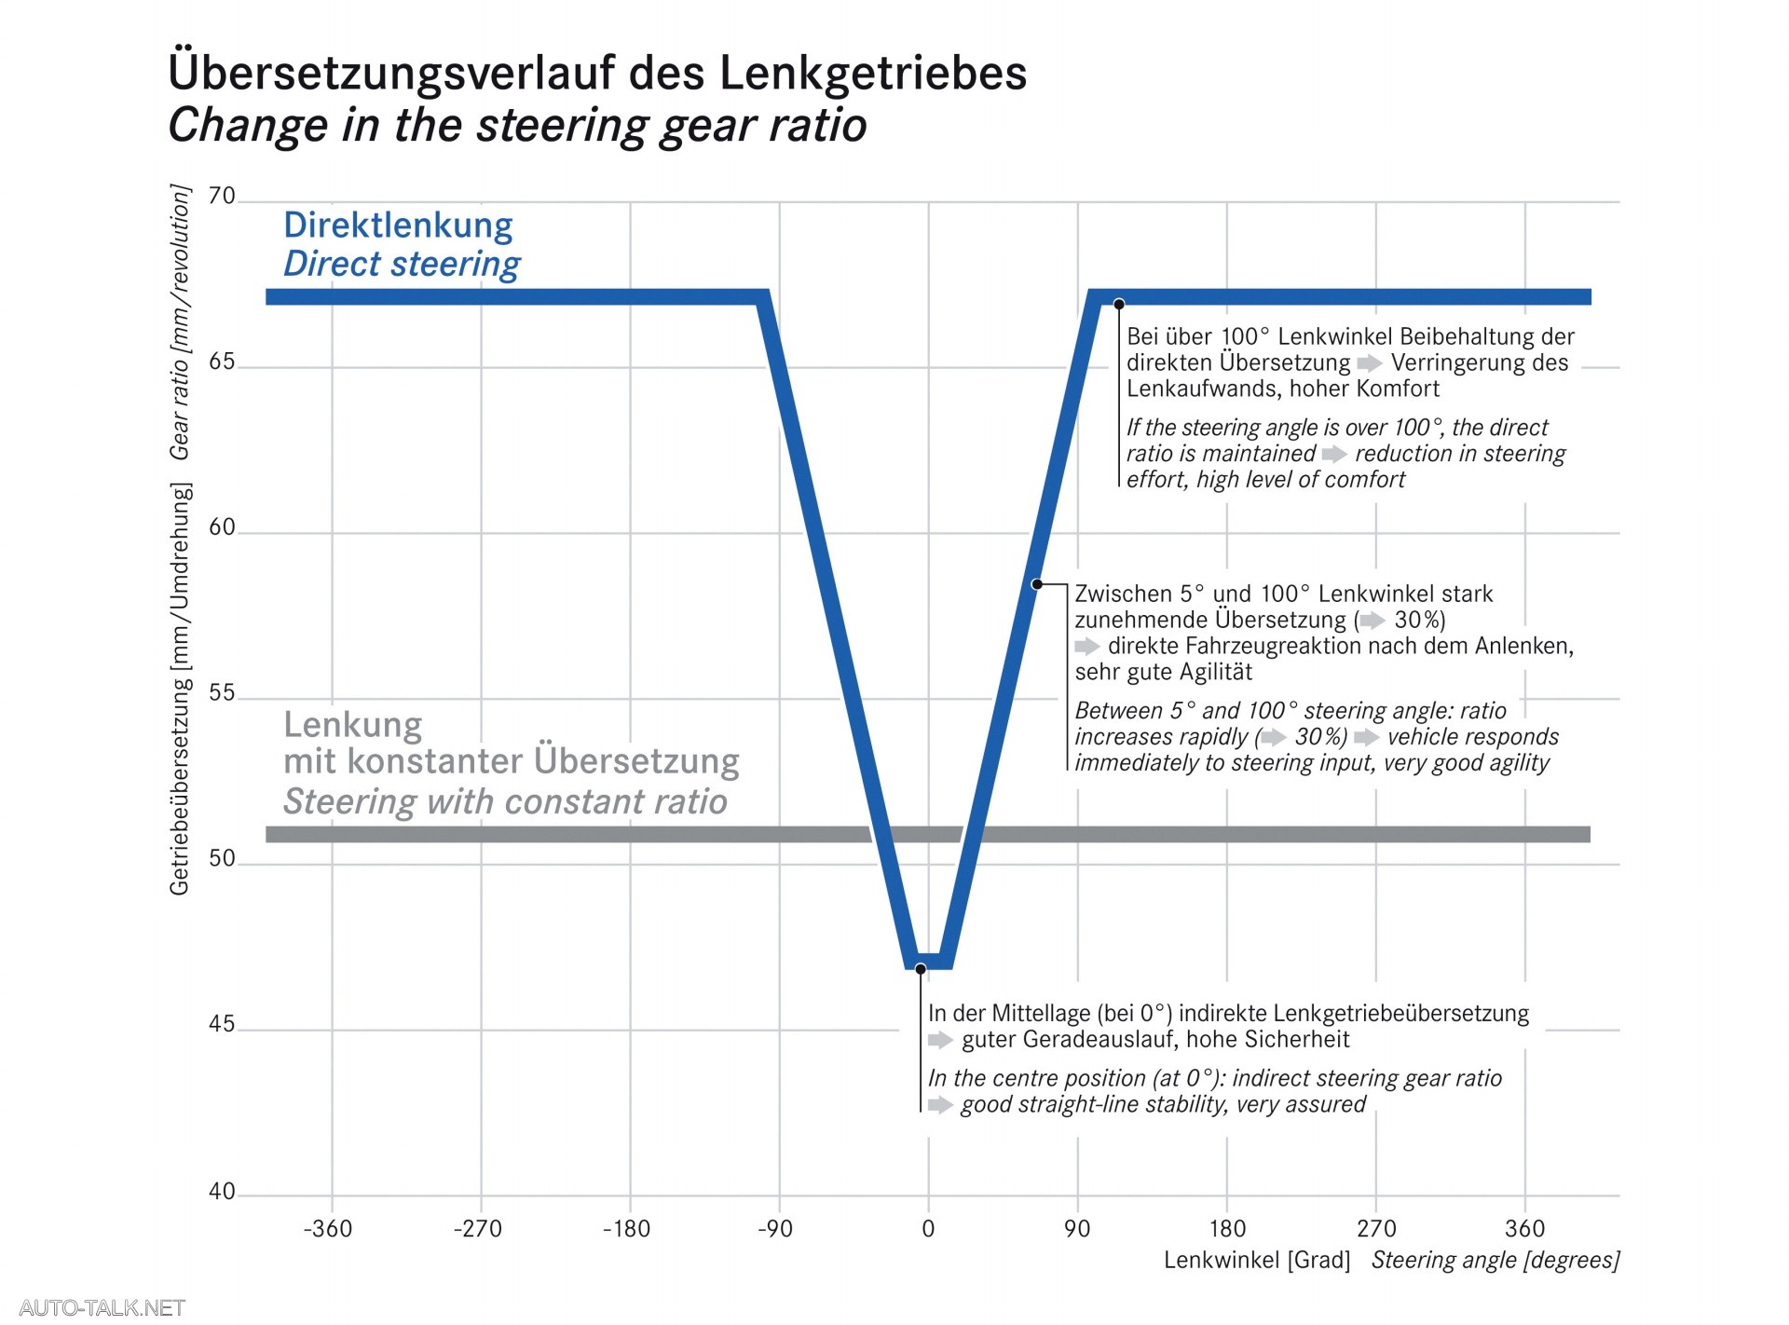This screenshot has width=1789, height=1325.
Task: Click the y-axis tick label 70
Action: click(222, 197)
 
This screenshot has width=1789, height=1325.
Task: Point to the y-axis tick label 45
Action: click(222, 1024)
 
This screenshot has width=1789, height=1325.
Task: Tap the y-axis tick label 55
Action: click(222, 693)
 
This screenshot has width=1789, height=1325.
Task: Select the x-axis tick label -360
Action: click(328, 1229)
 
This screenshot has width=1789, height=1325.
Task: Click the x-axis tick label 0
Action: click(928, 1229)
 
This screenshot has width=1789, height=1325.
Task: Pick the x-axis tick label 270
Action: click(1376, 1229)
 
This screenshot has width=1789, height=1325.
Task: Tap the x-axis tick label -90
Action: click(775, 1229)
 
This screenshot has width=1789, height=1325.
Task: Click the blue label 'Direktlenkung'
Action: click(398, 225)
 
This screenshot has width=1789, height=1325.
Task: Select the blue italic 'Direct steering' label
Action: click(402, 264)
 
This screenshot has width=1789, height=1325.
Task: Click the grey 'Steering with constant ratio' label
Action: click(505, 801)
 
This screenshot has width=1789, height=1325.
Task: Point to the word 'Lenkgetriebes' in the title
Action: click(873, 73)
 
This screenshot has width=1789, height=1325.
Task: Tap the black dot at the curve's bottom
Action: click(921, 969)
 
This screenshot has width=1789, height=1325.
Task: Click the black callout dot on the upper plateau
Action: click(1119, 304)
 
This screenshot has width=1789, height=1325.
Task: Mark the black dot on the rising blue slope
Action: click(1036, 584)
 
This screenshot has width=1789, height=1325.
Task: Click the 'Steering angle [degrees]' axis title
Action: click(1495, 1261)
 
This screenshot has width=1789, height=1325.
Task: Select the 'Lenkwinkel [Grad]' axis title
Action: click(1257, 1261)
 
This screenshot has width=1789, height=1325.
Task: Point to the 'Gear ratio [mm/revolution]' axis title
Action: click(179, 321)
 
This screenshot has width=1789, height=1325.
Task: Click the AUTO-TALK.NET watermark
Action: click(102, 1307)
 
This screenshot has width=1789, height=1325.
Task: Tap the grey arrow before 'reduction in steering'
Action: click(1334, 454)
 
